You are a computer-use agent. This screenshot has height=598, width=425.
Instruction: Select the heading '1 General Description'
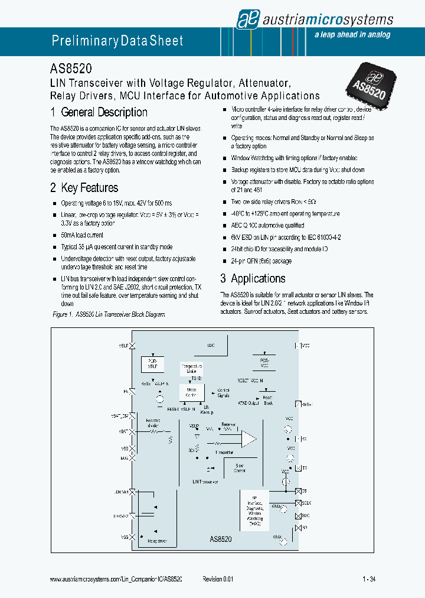pyautogui.click(x=99, y=112)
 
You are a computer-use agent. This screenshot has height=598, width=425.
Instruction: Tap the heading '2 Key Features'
pyautogui.click(x=84, y=188)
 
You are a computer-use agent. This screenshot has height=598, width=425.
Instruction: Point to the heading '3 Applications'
pyautogui.click(x=253, y=278)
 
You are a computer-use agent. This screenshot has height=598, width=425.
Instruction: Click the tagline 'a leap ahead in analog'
pyautogui.click(x=352, y=35)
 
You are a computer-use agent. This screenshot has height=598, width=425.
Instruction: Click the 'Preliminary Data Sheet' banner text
pyautogui.click(x=117, y=41)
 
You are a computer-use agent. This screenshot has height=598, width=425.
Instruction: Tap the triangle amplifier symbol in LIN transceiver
pyautogui.click(x=249, y=438)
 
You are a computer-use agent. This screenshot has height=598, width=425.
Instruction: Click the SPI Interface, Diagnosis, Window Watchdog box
pyautogui.click(x=254, y=509)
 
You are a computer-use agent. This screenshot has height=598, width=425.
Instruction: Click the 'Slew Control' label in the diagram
pyautogui.click(x=239, y=468)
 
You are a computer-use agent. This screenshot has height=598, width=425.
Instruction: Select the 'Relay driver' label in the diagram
pyautogui.click(x=158, y=541)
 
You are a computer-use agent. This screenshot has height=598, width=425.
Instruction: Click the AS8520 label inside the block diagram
pyautogui.click(x=220, y=539)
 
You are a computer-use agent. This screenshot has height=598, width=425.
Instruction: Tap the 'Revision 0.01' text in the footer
pyautogui.click(x=218, y=580)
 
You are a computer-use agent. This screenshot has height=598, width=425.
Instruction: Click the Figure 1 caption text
pyautogui.click(x=109, y=315)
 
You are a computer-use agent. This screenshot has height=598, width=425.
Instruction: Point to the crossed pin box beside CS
pyautogui.click(x=297, y=491)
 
